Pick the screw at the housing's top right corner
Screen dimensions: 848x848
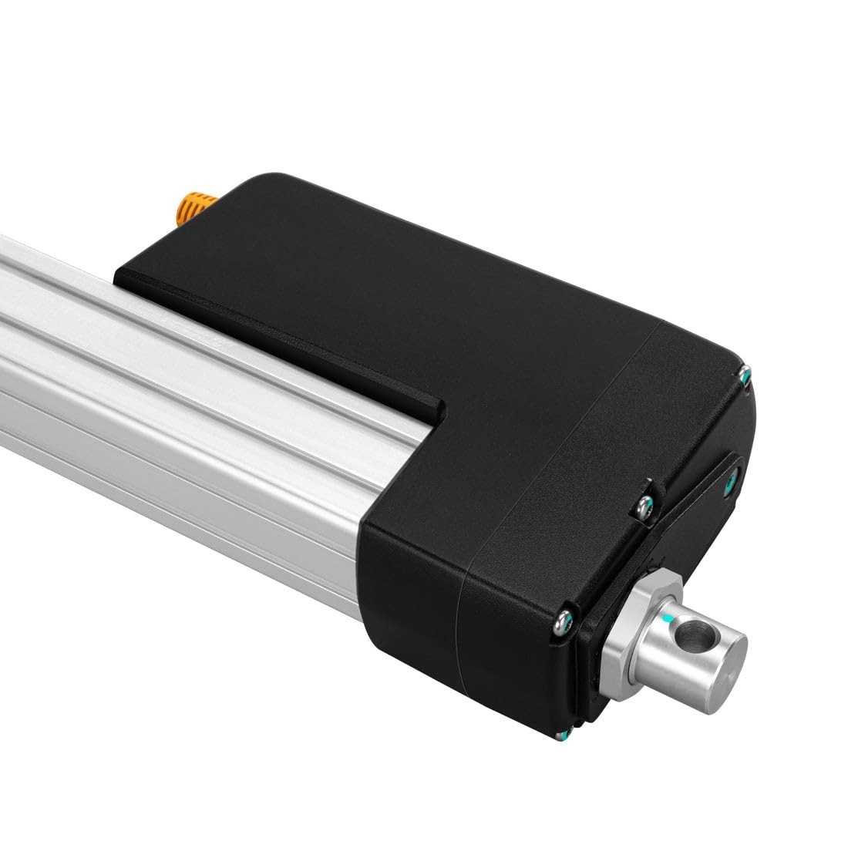(745, 375)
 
